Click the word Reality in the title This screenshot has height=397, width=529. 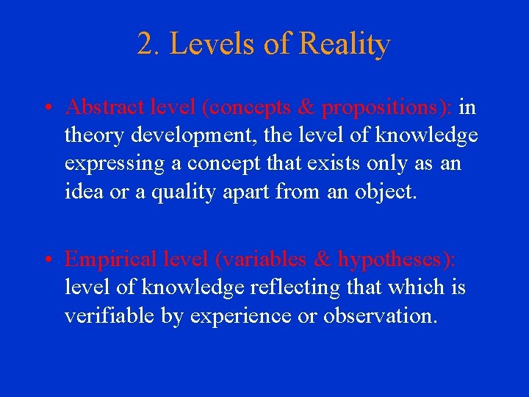tap(345, 45)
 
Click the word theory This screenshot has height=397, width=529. tap(92, 136)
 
